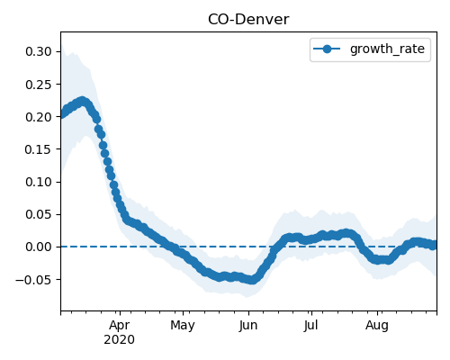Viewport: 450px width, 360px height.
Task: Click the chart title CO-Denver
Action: pyautogui.click(x=248, y=20)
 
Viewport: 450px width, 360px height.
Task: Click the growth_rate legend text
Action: pyautogui.click(x=387, y=49)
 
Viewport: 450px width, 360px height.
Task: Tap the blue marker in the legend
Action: pyautogui.click(x=327, y=49)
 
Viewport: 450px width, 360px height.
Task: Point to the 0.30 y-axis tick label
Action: pyautogui.click(x=39, y=51)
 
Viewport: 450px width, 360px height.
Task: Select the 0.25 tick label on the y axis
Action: pyautogui.click(x=39, y=85)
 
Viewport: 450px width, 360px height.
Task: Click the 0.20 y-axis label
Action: pyautogui.click(x=39, y=117)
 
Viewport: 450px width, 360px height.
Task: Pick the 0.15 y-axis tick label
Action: pyautogui.click(x=39, y=149)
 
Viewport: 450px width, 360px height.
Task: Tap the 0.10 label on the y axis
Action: pyautogui.click(x=39, y=182)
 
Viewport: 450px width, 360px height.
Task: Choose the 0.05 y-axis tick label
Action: pyautogui.click(x=39, y=214)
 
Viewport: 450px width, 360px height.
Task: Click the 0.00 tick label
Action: pyautogui.click(x=39, y=247)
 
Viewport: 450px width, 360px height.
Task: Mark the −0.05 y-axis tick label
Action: pyautogui.click(x=33, y=280)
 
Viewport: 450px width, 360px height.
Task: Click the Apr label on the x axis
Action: pyautogui.click(x=120, y=325)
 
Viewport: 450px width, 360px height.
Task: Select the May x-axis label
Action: pyautogui.click(x=183, y=325)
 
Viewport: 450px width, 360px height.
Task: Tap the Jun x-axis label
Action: pyautogui.click(x=248, y=325)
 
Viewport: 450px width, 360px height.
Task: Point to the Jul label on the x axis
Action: pyautogui.click(x=310, y=325)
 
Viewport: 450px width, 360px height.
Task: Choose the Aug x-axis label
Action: pyautogui.click(x=377, y=325)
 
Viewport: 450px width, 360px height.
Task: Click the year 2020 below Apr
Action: pyautogui.click(x=119, y=340)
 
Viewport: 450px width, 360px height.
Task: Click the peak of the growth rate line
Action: pyautogui.click(x=82, y=102)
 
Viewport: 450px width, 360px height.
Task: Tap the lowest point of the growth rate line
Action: pyautogui.click(x=252, y=280)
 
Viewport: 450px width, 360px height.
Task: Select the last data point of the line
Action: pyautogui.click(x=434, y=245)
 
